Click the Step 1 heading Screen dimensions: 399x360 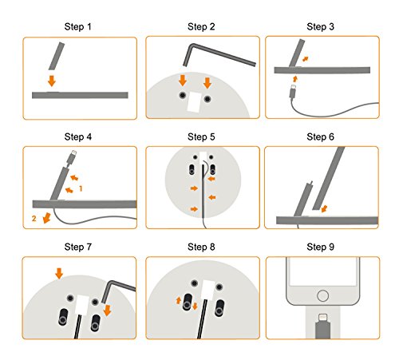[x=77, y=26]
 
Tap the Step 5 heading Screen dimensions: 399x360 [x=201, y=136]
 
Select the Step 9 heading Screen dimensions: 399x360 [x=320, y=247]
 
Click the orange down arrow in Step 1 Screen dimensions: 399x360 [x=52, y=81]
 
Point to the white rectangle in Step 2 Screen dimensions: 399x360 [x=194, y=102]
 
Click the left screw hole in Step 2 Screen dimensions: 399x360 [x=182, y=95]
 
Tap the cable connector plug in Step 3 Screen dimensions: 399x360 [x=293, y=91]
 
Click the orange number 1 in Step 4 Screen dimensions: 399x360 [x=81, y=188]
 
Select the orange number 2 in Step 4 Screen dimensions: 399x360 [x=34, y=219]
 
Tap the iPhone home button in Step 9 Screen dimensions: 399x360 [x=322, y=295]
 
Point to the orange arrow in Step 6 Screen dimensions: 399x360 [x=324, y=208]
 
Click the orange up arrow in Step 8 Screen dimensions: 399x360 [x=179, y=301]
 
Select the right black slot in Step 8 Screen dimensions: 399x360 [x=219, y=308]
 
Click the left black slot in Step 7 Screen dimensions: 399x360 [x=63, y=317]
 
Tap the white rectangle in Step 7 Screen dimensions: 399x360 [x=82, y=306]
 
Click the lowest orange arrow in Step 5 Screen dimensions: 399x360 [x=194, y=209]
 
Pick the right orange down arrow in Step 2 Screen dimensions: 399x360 [x=207, y=83]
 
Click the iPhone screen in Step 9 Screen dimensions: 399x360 [x=322, y=271]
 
